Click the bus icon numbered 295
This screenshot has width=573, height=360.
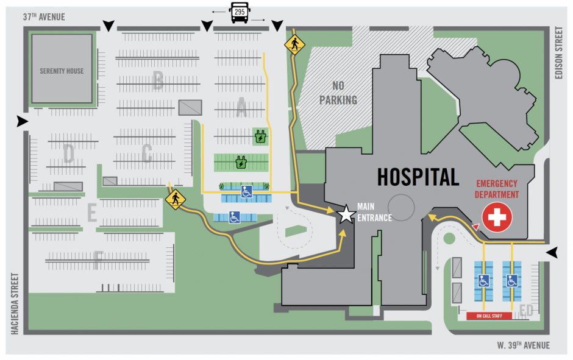(x=238, y=12)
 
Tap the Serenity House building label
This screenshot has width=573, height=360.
(x=62, y=71)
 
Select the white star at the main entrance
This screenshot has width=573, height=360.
(x=346, y=214)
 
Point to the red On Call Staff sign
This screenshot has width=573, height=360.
(x=489, y=316)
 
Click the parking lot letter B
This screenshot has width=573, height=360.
(x=158, y=80)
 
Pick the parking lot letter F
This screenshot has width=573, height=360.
(x=98, y=261)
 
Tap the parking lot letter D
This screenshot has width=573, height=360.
(x=68, y=154)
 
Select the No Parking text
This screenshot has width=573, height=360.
(x=338, y=93)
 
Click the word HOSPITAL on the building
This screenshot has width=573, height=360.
(x=418, y=177)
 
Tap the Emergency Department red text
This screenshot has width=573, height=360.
(x=497, y=189)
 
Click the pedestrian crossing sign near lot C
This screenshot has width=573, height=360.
(x=176, y=199)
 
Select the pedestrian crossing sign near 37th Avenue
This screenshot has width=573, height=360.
(x=294, y=44)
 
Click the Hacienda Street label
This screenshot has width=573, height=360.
(x=13, y=303)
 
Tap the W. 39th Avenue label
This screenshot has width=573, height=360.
(x=522, y=345)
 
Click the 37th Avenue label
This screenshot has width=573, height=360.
(x=44, y=17)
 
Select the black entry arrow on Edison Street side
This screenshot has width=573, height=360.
(x=552, y=253)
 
